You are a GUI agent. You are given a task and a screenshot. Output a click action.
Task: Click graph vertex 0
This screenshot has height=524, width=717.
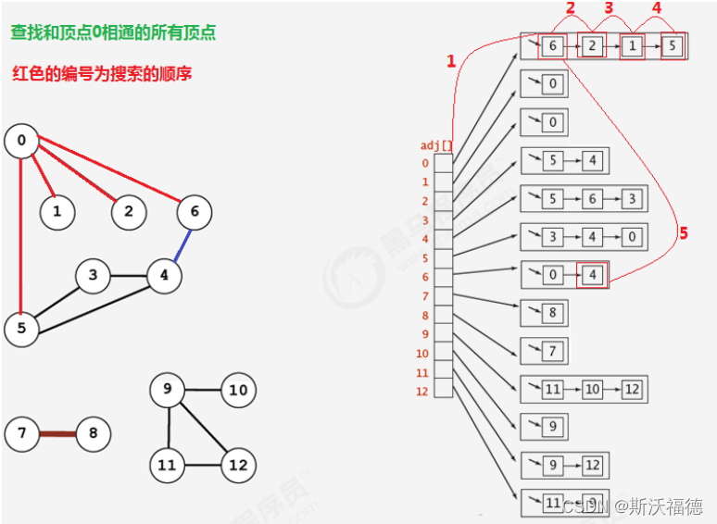[21, 141]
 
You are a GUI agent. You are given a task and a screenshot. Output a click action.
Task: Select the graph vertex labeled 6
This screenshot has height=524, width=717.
[195, 212]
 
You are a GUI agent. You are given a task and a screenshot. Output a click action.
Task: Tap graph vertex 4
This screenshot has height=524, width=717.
[164, 275]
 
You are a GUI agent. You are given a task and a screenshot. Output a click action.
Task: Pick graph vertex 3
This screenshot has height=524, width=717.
[93, 275]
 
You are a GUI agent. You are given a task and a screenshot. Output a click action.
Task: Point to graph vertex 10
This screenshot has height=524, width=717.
[238, 390]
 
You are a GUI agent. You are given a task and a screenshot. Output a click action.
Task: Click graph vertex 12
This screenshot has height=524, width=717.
[238, 464]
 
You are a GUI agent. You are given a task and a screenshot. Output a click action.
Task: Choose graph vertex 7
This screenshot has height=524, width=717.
[21, 433]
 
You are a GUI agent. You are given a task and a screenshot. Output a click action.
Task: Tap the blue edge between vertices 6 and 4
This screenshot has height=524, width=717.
[180, 243]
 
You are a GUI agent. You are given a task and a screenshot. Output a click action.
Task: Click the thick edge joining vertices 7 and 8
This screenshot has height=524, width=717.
[57, 433]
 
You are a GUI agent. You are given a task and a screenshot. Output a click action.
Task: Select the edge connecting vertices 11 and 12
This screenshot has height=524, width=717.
[202, 464]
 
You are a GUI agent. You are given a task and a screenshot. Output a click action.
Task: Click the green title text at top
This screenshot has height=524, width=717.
[113, 32]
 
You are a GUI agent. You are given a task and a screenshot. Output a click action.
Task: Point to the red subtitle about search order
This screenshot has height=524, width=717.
[103, 73]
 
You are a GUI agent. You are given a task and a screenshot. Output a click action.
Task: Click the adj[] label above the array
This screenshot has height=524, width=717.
[436, 145]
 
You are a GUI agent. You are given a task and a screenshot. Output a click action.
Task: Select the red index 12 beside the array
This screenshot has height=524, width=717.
[421, 392]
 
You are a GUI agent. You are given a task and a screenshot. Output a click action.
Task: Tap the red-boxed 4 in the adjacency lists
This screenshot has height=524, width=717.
[591, 275]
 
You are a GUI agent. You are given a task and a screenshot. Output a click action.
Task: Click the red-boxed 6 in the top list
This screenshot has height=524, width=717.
[553, 46]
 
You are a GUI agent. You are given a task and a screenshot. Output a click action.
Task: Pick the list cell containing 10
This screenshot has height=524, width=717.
[593, 390]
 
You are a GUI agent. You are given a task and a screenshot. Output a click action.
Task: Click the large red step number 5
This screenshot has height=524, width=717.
[684, 233]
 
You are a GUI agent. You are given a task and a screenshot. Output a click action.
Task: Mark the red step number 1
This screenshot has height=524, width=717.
[451, 62]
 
